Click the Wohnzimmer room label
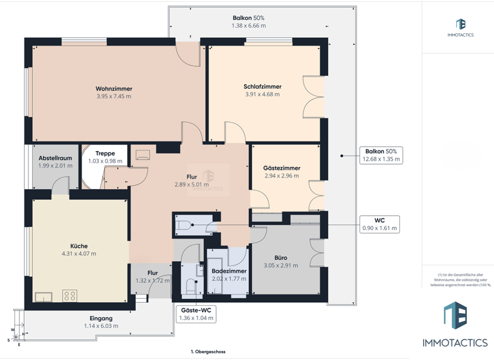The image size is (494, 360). tap(114, 89)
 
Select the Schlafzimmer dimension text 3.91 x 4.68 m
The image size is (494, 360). tap(262, 94)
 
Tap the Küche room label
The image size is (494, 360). tap(79, 246)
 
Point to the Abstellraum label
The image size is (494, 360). tap(55, 157)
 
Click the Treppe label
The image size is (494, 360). tap(105, 154)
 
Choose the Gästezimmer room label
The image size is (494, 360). tap(282, 168)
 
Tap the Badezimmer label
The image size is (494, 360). tap(230, 271)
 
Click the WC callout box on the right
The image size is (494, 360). tap(380, 224)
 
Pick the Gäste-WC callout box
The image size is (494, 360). tap(196, 314)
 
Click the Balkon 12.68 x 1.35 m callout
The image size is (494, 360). tap(381, 155)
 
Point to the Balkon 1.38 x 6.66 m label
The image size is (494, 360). tap(248, 22)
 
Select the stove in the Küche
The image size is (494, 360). tap(69, 296)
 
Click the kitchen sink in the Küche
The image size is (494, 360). tap(44, 296)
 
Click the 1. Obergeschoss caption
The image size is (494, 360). tap(208, 352)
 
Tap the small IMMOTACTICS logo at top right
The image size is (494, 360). tap(461, 28)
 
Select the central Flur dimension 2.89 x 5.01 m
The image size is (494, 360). tap(192, 184)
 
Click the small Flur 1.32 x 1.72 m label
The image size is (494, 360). tap(152, 277)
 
